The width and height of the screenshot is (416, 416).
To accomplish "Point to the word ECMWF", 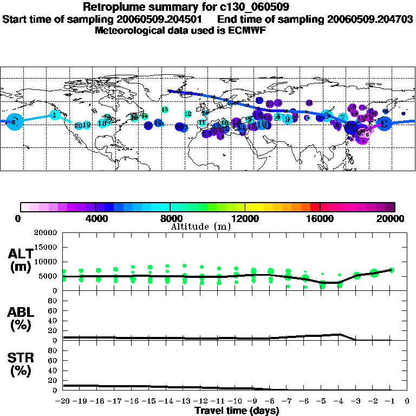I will [x=248, y=30].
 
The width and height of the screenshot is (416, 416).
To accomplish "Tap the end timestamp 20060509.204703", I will [x=370, y=19].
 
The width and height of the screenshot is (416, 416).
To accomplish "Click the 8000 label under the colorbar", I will [x=170, y=218].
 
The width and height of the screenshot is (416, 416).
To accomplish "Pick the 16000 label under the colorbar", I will [x=320, y=218].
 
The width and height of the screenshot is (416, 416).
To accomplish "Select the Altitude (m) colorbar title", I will [x=200, y=226].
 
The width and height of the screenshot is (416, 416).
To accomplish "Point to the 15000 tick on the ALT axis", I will [x=46, y=247].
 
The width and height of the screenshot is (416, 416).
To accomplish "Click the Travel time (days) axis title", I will [x=237, y=411].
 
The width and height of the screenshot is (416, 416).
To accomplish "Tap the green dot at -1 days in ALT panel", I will [x=391, y=270].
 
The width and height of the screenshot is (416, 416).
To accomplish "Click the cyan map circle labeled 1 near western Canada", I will [x=55, y=114].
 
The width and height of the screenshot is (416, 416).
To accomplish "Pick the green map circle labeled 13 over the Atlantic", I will [x=165, y=110].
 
